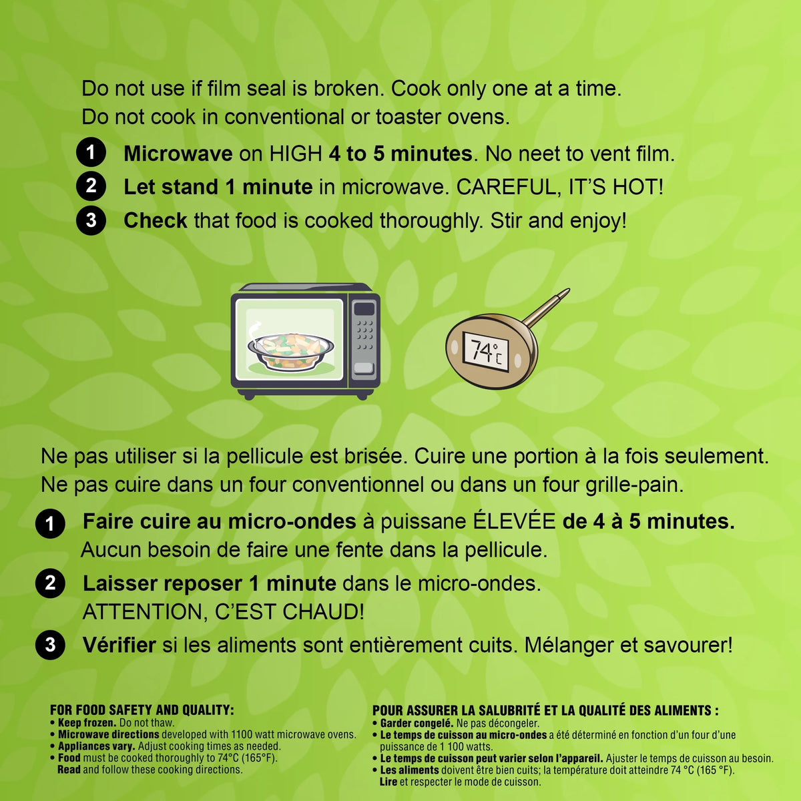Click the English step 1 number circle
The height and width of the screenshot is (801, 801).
(x=91, y=152)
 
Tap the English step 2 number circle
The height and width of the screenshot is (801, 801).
(x=91, y=186)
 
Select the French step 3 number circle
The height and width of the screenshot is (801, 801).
(x=50, y=645)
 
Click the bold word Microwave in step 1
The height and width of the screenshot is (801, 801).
(x=178, y=154)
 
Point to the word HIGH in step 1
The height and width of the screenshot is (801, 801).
(x=296, y=154)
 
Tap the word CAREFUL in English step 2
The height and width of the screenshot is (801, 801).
(x=504, y=187)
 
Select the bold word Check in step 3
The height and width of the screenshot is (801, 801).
(x=156, y=220)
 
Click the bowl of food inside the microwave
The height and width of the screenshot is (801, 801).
(x=291, y=350)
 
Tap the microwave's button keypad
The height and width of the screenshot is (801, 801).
(x=364, y=336)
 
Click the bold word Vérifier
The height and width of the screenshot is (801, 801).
(x=119, y=645)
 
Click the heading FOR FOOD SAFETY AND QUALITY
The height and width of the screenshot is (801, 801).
(x=142, y=710)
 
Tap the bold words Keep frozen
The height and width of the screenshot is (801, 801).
(x=87, y=722)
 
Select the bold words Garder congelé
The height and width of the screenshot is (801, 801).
(x=417, y=724)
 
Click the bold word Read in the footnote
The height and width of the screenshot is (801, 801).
(x=69, y=769)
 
